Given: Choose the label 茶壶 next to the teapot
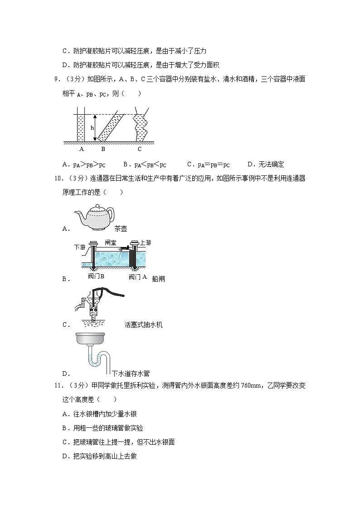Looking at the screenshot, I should click(121, 229).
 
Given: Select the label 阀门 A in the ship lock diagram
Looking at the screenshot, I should click(138, 276).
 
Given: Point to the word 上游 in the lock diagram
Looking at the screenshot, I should click(146, 242).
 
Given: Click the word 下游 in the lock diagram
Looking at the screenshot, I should click(79, 247).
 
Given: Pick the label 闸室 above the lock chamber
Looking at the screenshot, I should click(110, 242).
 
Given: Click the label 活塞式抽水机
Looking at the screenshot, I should click(143, 325).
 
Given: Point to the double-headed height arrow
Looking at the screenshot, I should click(96, 127).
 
